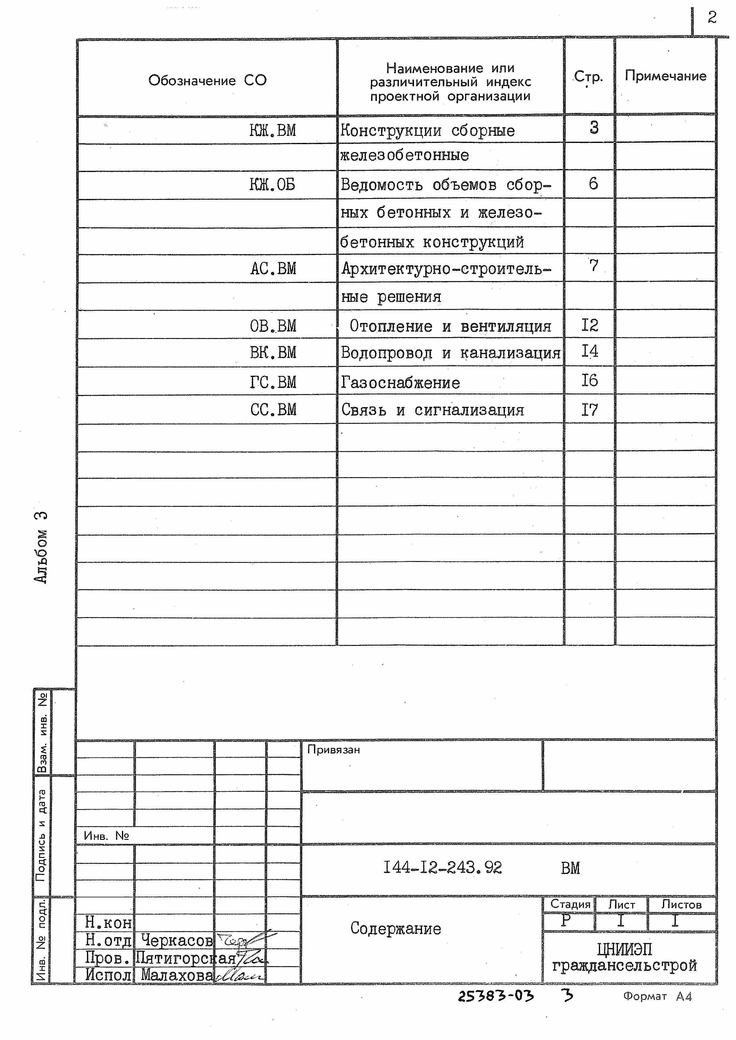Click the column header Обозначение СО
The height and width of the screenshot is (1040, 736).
[x=207, y=81]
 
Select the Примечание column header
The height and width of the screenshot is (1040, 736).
[x=665, y=76]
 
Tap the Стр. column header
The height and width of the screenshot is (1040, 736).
[x=588, y=77]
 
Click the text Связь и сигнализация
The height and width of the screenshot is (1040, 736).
[x=432, y=410]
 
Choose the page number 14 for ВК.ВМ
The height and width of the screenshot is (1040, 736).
[x=590, y=351]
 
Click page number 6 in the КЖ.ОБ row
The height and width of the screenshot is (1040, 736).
[x=593, y=184]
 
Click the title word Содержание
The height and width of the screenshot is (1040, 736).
[x=395, y=928]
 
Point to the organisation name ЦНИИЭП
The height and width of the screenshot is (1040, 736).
[x=624, y=949]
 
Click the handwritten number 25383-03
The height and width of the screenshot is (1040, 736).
[x=496, y=996]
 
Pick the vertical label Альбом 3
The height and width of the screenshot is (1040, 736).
[x=41, y=547]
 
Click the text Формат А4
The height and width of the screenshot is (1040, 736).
[x=657, y=996]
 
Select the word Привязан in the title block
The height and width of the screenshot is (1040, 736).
[x=334, y=750]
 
